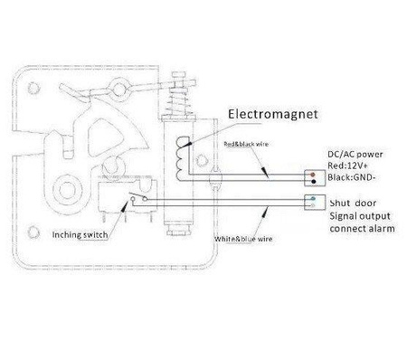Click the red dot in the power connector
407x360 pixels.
tap(310, 171)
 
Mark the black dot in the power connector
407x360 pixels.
tap(310, 177)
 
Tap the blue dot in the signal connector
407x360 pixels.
tap(310, 199)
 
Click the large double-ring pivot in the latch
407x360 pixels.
tap(66, 190)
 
